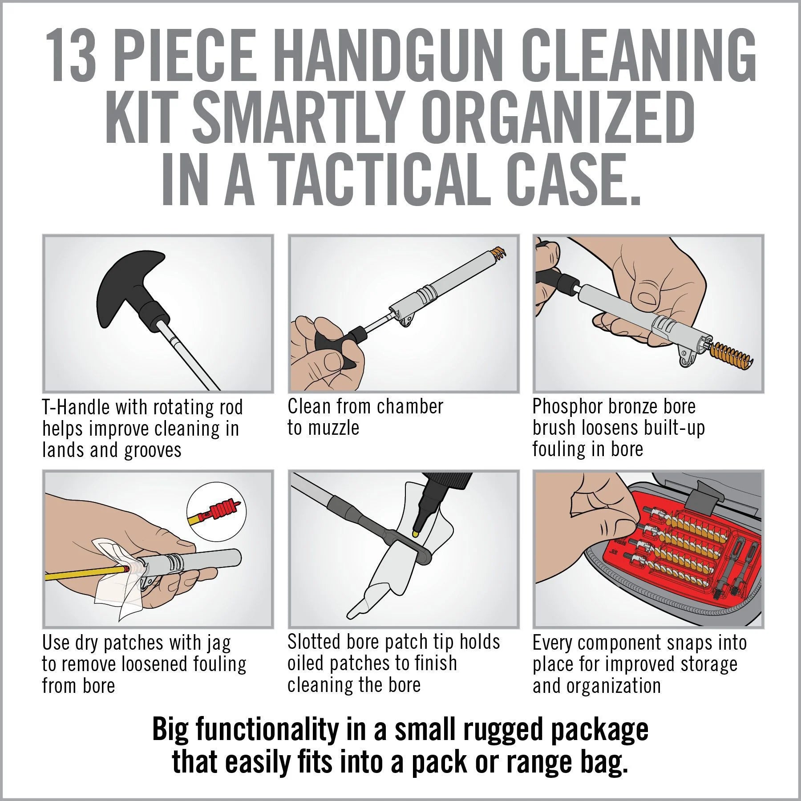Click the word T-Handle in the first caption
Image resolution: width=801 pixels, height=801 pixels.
(75, 407)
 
